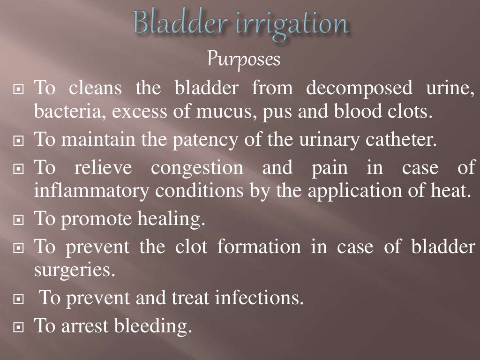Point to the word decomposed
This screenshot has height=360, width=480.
pyautogui.click(x=360, y=88)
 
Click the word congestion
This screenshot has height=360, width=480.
pyautogui.click(x=197, y=168)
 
